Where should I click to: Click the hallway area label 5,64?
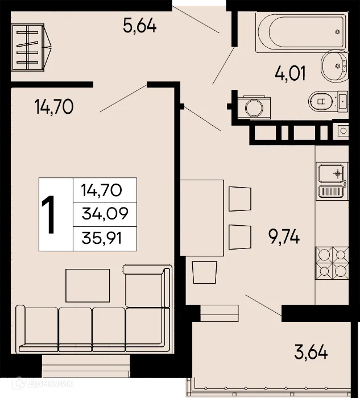click(140, 26)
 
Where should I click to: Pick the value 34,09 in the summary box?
click(105, 214)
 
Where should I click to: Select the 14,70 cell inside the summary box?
click(105, 189)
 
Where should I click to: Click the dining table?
click(202, 217)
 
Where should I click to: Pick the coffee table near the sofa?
click(88, 284)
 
